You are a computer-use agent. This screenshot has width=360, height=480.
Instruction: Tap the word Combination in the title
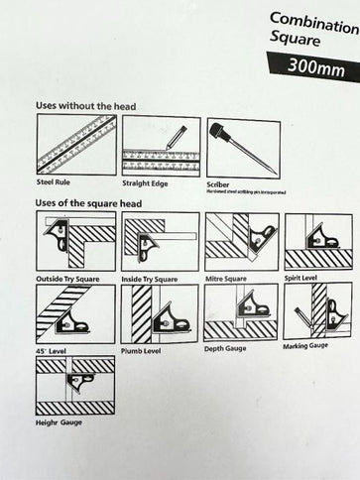click(313, 19)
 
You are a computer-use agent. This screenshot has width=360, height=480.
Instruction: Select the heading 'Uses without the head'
click(85, 105)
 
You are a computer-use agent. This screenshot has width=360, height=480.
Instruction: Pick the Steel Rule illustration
click(74, 146)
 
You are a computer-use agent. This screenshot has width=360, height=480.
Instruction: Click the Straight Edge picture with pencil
click(160, 146)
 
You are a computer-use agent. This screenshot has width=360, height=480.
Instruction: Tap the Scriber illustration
click(242, 147)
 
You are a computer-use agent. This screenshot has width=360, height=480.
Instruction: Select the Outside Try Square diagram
click(74, 242)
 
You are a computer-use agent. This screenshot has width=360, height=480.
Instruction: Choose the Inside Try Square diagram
click(159, 242)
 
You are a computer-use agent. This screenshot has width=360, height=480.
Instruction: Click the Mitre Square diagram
click(241, 242)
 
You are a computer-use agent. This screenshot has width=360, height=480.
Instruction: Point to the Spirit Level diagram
click(317, 241)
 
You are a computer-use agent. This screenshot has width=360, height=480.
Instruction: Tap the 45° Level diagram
click(74, 312)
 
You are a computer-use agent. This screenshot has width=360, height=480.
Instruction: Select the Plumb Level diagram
click(159, 312)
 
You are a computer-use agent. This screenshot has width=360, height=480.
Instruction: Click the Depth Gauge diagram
click(241, 311)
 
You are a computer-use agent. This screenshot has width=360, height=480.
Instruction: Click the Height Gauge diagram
click(74, 385)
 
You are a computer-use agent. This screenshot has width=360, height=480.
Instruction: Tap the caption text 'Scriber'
click(218, 183)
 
